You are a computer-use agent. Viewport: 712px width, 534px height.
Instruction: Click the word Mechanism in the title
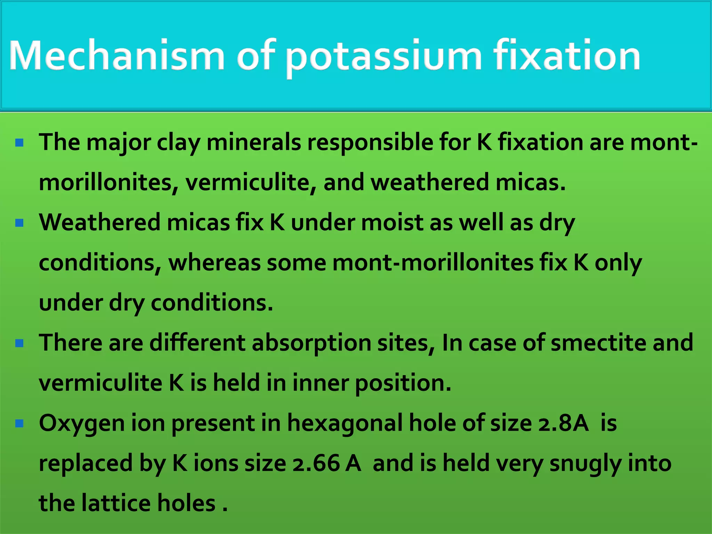116,56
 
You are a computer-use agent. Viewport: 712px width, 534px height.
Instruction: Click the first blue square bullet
19,143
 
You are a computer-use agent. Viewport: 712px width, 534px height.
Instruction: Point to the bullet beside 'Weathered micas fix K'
19,222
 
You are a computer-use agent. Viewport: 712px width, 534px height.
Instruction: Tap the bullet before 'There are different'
19,343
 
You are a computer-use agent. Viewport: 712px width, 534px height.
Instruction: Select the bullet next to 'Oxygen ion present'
19,423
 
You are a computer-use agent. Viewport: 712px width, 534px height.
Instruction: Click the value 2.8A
563,423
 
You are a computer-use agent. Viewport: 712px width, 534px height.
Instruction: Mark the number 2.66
316,463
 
